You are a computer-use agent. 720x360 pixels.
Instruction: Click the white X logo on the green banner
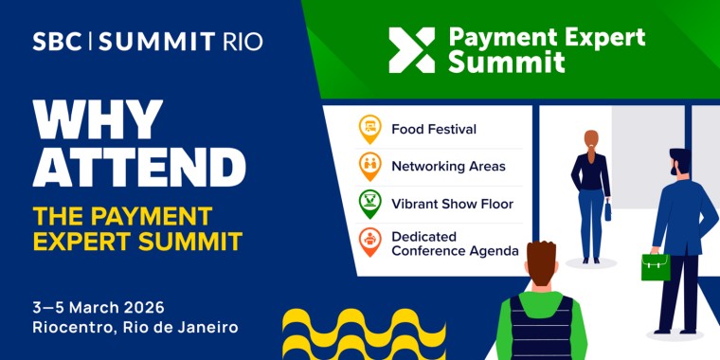(412, 49)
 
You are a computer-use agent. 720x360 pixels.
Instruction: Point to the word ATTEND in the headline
(140, 168)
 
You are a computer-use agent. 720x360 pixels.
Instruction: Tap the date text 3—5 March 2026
(99, 307)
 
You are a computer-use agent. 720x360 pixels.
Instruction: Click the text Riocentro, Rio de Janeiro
(135, 328)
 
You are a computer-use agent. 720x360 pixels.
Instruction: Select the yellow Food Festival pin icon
(369, 129)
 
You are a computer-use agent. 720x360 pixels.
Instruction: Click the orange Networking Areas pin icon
(369, 166)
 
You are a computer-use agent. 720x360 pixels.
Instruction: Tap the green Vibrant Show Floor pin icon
(369, 203)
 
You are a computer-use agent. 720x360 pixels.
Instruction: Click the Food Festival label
(434, 129)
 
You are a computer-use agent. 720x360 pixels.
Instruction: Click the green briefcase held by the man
(656, 266)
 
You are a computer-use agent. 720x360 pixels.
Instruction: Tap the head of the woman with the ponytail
(591, 141)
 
